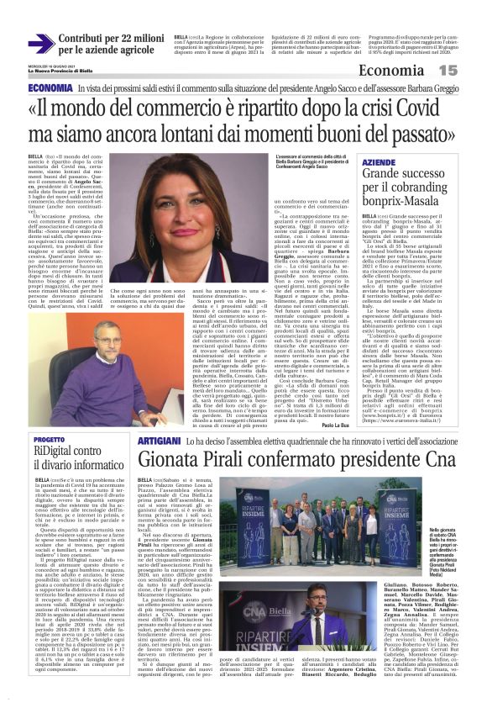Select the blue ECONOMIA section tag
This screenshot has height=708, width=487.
pyautogui.click(x=50, y=87)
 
